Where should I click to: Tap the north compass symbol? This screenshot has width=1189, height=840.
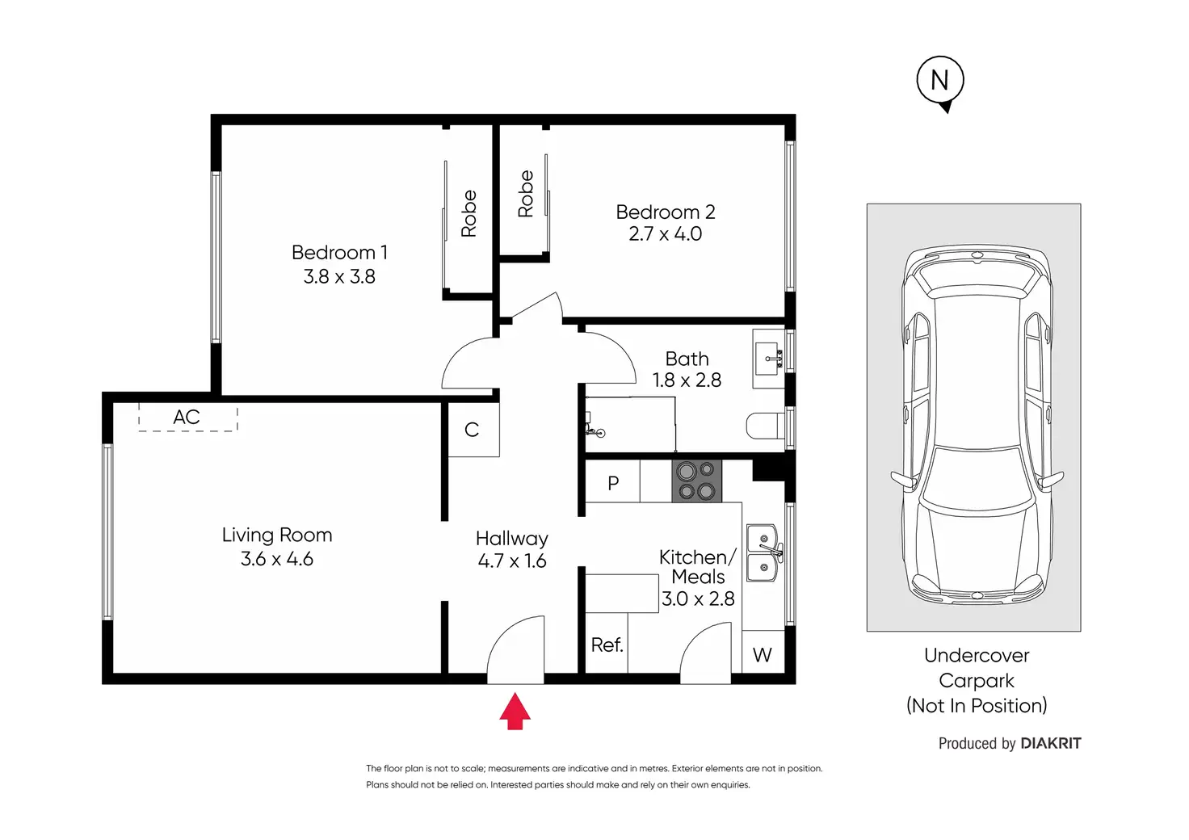coord(940,82)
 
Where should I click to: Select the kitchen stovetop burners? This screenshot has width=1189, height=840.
coord(696,481)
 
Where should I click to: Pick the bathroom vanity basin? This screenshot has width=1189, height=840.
coord(768,358)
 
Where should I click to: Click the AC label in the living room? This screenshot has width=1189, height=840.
coord(187,417)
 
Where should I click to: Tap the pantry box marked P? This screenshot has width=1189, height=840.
coord(612,481)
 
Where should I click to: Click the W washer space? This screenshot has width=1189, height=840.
coord(763,653)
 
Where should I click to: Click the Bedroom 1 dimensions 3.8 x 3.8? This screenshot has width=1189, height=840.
coord(339,276)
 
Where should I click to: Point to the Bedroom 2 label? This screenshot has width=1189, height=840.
coord(665,212)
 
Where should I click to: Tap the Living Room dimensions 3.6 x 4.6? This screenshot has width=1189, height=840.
coord(276,559)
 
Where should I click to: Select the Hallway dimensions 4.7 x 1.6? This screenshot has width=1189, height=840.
coord(511,561)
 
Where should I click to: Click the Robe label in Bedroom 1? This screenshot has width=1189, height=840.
coord(468,213)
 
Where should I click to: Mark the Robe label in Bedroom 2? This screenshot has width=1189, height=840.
coord(526,194)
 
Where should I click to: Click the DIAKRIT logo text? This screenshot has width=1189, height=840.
coord(1050,743)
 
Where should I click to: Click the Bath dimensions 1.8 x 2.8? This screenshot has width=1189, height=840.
coord(687,380)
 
